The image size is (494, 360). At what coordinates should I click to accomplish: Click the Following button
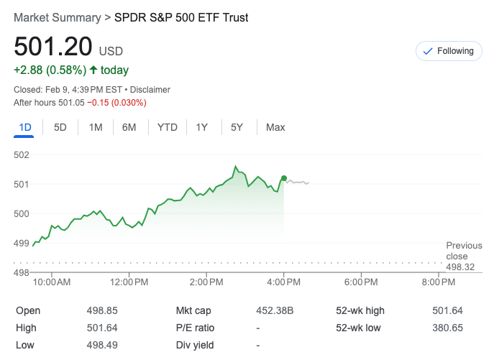click(x=449, y=51)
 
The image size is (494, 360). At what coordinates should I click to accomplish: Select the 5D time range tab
click(x=60, y=127)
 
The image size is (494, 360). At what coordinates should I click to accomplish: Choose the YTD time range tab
click(x=168, y=127)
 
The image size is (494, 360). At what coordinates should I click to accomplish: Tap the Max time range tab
click(x=275, y=127)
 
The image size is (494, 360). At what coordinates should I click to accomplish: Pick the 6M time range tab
click(x=129, y=127)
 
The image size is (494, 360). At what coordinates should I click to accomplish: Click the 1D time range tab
click(x=25, y=127)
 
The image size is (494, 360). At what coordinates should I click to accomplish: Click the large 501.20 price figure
click(x=53, y=47)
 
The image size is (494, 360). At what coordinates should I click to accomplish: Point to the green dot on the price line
click(x=284, y=178)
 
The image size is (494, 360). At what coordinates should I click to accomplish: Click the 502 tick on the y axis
click(x=22, y=154)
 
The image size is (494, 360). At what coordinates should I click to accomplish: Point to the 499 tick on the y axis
click(x=22, y=243)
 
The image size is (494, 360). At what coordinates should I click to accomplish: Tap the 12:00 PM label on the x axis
click(x=129, y=282)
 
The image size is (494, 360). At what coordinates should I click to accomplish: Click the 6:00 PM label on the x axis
click(x=361, y=282)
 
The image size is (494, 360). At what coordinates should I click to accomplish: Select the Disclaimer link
click(x=150, y=90)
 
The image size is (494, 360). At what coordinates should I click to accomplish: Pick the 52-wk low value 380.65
click(x=449, y=328)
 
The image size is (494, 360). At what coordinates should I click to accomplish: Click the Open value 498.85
click(x=101, y=310)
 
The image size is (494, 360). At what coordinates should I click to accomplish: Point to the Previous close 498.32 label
click(x=463, y=257)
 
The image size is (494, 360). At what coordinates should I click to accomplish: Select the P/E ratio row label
click(x=195, y=328)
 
